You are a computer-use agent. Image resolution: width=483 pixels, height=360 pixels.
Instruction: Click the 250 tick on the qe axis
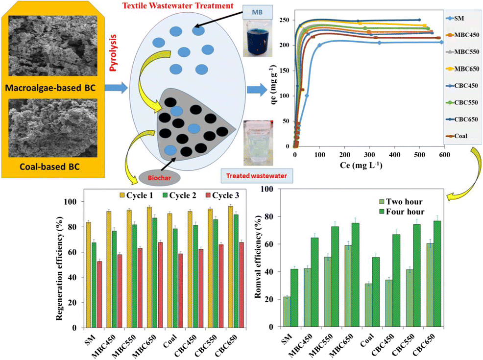284,20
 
